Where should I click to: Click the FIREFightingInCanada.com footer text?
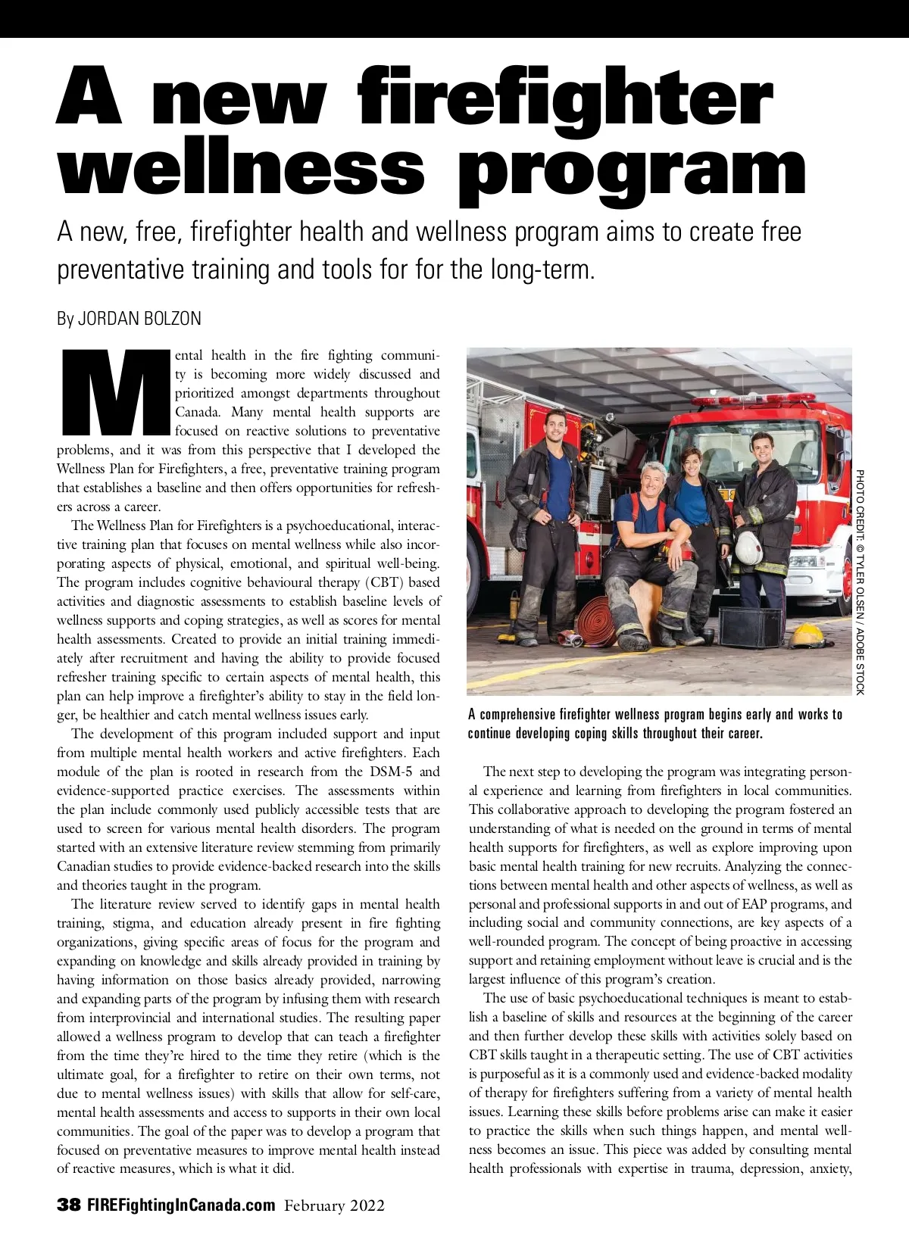click(181, 1205)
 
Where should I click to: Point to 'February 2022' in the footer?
click(334, 1205)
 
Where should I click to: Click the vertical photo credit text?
click(860, 582)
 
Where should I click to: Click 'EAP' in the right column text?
click(753, 903)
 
